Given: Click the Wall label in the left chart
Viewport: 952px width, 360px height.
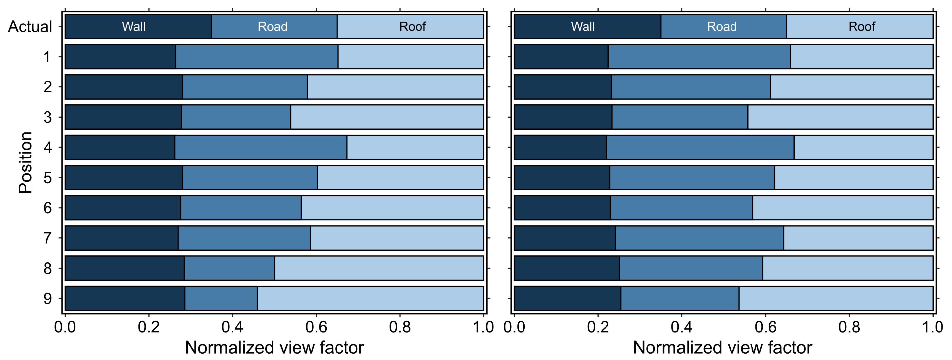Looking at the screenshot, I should click(134, 27).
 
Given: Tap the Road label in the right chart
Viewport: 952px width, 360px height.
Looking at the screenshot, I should click(722, 27).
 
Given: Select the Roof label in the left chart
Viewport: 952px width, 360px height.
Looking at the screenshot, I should click(412, 27).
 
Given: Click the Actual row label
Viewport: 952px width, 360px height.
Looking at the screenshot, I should click(30, 27).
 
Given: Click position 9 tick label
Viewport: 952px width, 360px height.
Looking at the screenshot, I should click(48, 299).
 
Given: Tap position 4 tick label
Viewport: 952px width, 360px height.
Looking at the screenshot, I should click(48, 147).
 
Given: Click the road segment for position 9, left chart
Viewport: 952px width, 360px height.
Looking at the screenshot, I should click(221, 298).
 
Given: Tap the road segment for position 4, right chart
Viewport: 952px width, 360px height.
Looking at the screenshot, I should click(700, 147).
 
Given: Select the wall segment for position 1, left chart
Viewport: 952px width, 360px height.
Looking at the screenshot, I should click(120, 56).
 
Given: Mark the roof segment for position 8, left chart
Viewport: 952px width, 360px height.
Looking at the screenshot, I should click(379, 268).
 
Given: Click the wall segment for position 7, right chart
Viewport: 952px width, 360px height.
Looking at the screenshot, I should click(564, 238).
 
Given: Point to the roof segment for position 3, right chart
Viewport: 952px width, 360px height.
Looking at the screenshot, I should click(840, 117).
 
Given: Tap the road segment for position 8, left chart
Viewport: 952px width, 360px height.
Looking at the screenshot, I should click(229, 268).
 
